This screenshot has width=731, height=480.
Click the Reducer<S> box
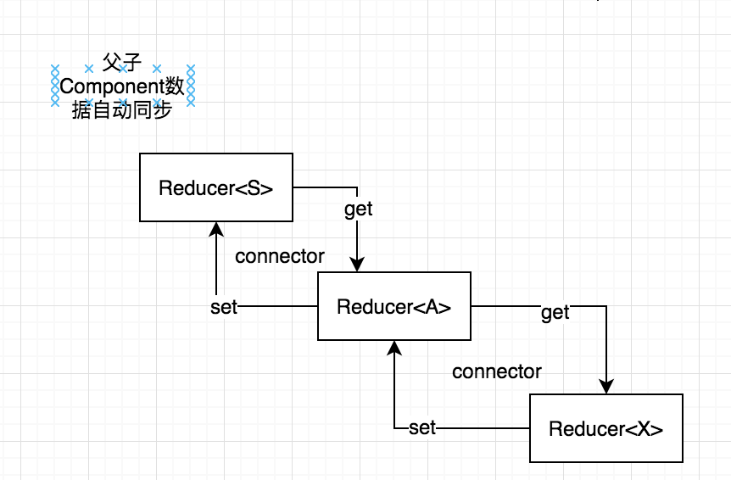(x=215, y=187)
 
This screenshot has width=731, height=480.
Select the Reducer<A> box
(x=393, y=306)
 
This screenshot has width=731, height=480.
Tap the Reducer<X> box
(x=605, y=428)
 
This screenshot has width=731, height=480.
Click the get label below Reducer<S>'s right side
(x=359, y=209)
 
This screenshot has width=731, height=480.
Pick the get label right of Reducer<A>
(x=555, y=313)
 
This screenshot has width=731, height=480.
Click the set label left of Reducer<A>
(x=224, y=307)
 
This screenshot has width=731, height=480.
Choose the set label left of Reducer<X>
(x=422, y=428)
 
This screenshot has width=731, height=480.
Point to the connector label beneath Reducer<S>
(x=280, y=256)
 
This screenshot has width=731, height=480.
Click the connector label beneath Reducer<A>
(x=497, y=371)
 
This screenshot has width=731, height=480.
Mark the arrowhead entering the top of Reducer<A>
(x=359, y=265)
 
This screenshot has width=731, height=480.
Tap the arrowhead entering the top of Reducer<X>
(x=606, y=386)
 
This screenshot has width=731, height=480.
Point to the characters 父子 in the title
(x=122, y=64)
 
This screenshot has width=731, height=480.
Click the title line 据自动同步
(x=122, y=109)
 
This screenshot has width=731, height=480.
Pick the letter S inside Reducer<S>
(x=253, y=188)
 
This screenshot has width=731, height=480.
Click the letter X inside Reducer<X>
(x=642, y=429)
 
